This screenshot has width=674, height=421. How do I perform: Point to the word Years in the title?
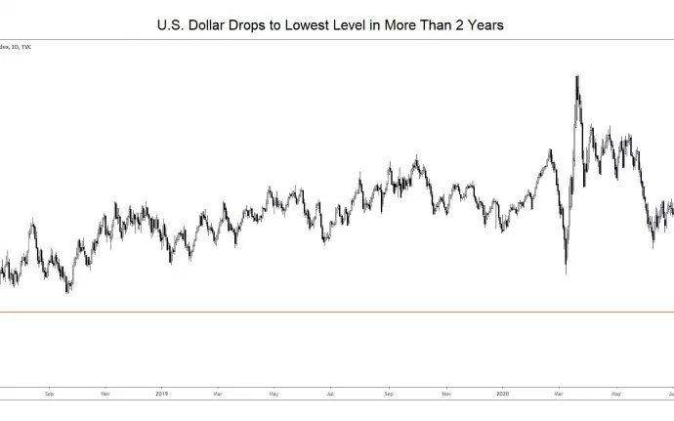(484, 24)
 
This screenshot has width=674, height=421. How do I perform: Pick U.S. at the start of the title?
(170, 24)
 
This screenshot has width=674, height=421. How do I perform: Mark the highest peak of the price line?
(577, 76)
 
